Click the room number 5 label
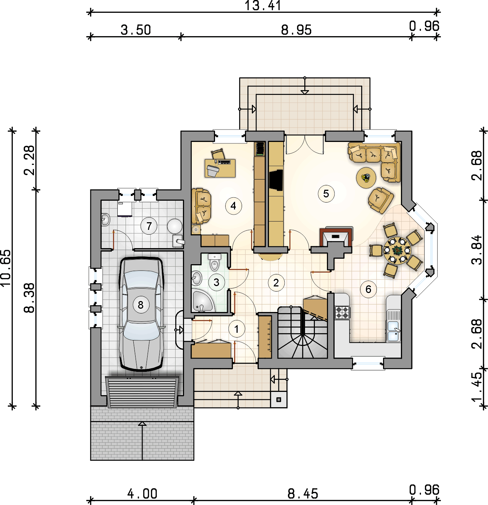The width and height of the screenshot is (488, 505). [326, 193]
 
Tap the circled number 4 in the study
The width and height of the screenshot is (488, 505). [233, 206]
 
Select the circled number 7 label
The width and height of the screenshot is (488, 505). [149, 226]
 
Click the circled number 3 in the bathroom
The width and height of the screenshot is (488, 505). [216, 282]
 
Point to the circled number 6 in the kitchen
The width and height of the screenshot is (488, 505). [368, 289]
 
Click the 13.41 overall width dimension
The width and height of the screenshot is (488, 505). [262, 6]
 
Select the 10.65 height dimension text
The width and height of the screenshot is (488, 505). [6, 268]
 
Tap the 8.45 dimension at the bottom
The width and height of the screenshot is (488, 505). [302, 494]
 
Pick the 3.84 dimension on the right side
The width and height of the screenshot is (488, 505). [476, 250]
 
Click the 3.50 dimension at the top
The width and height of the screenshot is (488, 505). [136, 30]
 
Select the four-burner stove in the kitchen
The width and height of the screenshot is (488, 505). [342, 312]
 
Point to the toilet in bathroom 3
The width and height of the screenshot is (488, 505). [215, 262]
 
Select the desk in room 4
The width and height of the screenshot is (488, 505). [220, 168]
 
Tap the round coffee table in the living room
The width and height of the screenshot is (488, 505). [366, 178]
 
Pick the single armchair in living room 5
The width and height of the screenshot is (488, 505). [380, 200]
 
